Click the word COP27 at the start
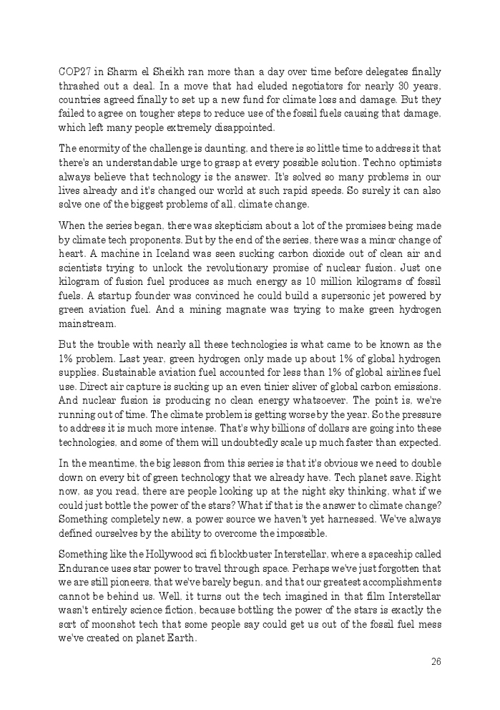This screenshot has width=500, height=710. [74, 72]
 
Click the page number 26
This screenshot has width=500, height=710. [436, 661]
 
